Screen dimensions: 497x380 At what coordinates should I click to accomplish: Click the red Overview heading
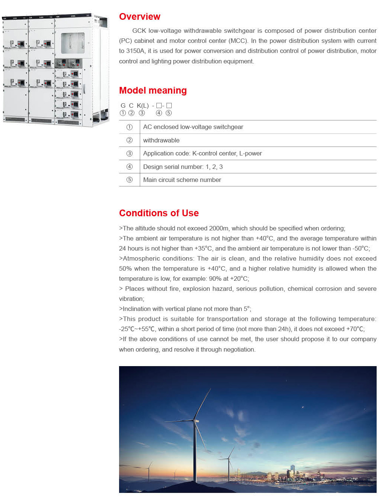pyautogui.click(x=140, y=17)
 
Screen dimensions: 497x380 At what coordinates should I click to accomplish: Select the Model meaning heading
pyautogui.click(x=153, y=91)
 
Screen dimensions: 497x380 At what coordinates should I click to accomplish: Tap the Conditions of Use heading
pyautogui.click(x=159, y=213)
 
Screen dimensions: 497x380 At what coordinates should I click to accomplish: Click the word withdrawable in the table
pyautogui.click(x=161, y=141)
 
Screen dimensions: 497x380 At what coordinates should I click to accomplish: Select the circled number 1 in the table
pyautogui.click(x=130, y=127)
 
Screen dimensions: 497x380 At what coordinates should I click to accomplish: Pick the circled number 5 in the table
pyautogui.click(x=130, y=180)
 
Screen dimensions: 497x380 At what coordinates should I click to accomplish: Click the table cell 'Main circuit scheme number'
pyautogui.click(x=182, y=180)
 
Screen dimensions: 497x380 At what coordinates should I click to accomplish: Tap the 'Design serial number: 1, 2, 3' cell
pyautogui.click(x=183, y=167)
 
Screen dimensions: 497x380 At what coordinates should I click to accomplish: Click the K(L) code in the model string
pyautogui.click(x=143, y=106)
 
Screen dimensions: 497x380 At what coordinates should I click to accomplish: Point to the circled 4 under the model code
pyautogui.click(x=159, y=113)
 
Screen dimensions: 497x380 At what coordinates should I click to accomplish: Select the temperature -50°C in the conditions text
pyautogui.click(x=360, y=249)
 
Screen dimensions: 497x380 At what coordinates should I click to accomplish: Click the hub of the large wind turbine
pyautogui.click(x=194, y=420)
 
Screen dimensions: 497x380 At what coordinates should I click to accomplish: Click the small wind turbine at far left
pyautogui.click(x=149, y=470)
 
